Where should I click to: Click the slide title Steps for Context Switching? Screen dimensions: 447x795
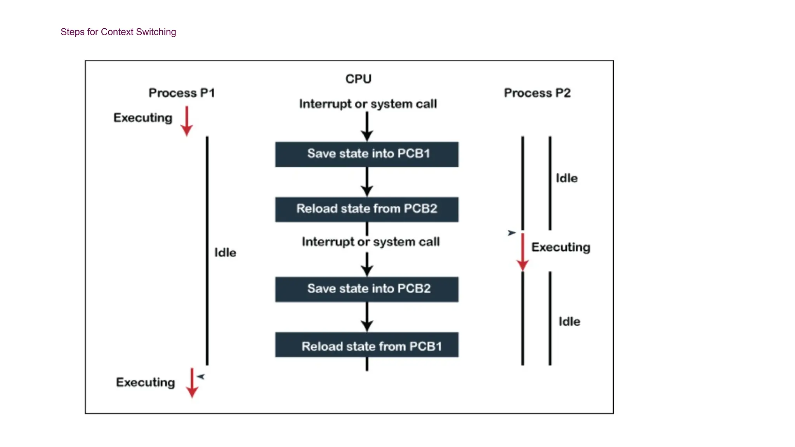pyautogui.click(x=118, y=32)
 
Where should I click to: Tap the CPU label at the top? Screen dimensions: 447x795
pyautogui.click(x=358, y=79)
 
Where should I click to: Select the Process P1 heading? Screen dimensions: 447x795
pyautogui.click(x=182, y=93)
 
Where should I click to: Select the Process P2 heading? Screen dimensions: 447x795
pyautogui.click(x=537, y=93)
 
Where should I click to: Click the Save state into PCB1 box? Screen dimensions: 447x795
pyautogui.click(x=367, y=154)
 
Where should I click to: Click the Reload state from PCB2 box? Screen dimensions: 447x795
pyautogui.click(x=367, y=209)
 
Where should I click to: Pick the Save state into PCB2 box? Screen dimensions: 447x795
pyautogui.click(x=367, y=289)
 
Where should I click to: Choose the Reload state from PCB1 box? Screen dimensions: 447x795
pyautogui.click(x=367, y=345)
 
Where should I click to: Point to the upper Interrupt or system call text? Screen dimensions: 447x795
pyautogui.click(x=368, y=104)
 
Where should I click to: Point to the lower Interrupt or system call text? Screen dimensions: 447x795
pyautogui.click(x=370, y=242)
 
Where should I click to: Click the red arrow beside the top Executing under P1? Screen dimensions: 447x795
pyautogui.click(x=187, y=121)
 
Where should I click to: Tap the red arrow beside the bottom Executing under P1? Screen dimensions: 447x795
pyautogui.click(x=192, y=383)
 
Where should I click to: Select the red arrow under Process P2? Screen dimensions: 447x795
pyautogui.click(x=522, y=252)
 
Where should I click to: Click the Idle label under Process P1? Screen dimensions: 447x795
pyautogui.click(x=225, y=253)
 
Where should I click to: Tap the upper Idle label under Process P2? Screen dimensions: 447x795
pyautogui.click(x=567, y=178)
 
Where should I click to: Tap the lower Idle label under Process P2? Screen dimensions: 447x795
pyautogui.click(x=569, y=322)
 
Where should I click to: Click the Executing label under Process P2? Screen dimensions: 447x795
pyautogui.click(x=561, y=247)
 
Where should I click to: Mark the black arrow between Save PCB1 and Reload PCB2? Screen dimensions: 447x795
pyautogui.click(x=367, y=182)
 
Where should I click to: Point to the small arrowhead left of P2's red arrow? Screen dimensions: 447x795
pyautogui.click(x=512, y=233)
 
